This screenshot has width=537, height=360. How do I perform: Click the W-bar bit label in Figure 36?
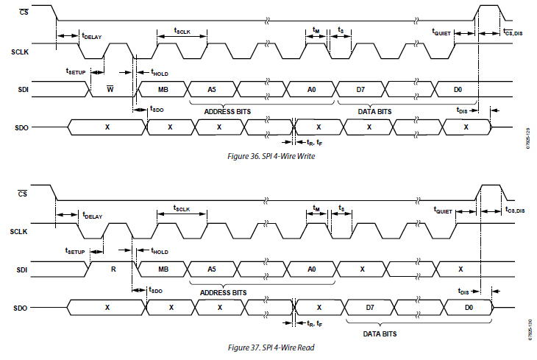tap(110, 89)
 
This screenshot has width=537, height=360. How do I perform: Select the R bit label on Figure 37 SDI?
tap(113, 269)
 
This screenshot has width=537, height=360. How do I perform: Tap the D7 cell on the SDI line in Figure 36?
tap(360, 90)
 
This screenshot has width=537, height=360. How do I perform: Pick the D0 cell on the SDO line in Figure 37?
tap(469, 308)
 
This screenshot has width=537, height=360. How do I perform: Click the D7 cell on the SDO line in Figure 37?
tap(370, 308)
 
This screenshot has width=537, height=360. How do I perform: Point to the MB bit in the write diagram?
tap(163, 90)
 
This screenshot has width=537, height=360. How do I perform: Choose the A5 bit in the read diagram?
tap(212, 269)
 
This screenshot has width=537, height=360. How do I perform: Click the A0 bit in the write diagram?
tap(311, 90)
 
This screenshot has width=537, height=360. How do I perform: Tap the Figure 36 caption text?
tap(271, 156)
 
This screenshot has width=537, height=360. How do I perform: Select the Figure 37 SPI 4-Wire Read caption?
tap(271, 347)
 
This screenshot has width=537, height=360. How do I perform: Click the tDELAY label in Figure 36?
tap(92, 35)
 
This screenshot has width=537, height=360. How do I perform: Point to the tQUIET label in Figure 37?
tap(443, 210)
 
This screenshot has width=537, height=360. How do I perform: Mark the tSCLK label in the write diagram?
tap(182, 30)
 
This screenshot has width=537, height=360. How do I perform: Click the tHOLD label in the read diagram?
tap(160, 251)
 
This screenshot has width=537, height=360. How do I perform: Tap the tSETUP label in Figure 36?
tap(75, 71)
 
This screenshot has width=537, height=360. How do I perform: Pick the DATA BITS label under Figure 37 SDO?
tap(380, 333)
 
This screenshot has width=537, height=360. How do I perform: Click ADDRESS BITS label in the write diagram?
tap(227, 111)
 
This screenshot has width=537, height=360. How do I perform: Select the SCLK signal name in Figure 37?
tap(18, 232)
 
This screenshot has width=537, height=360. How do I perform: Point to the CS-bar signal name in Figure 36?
tap(24, 12)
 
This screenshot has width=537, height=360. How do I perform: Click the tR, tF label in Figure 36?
tap(314, 142)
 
